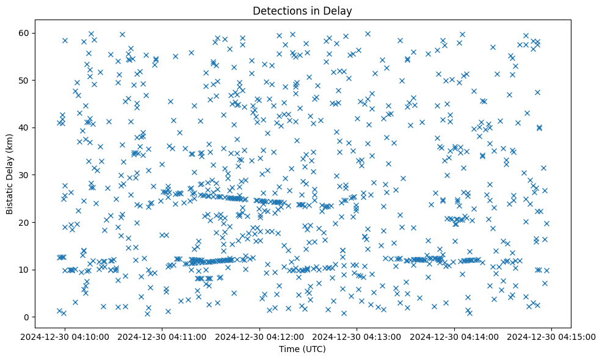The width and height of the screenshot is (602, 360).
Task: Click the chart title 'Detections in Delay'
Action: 302,10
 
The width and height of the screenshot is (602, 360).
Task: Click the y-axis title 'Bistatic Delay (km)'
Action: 10,173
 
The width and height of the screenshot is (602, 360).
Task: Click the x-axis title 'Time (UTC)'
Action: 302,349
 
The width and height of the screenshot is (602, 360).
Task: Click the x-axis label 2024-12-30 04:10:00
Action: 65,336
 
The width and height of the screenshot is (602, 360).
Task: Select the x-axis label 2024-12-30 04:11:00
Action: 163,336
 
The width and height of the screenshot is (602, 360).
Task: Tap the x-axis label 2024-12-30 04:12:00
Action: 260,336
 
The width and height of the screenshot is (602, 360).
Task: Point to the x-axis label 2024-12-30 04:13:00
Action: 358,336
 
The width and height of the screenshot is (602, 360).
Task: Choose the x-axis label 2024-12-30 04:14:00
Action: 455,336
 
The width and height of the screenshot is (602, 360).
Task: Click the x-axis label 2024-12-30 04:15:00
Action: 552,336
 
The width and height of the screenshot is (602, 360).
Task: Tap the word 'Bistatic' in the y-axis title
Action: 10,196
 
